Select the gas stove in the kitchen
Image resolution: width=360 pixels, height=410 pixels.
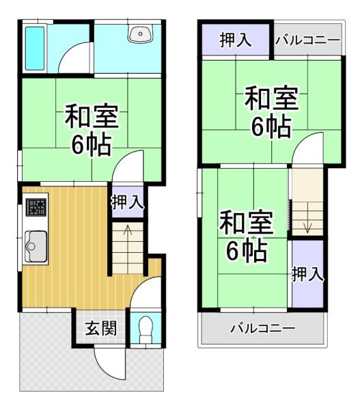click(x=36, y=206)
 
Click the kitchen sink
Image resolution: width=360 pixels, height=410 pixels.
click(x=36, y=243)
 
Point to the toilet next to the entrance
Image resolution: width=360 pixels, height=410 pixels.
click(x=144, y=331)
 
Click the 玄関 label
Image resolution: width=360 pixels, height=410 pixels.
click(x=100, y=329)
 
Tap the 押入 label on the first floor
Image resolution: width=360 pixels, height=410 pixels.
click(x=127, y=202)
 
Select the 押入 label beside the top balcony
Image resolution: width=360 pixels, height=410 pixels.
click(x=236, y=40)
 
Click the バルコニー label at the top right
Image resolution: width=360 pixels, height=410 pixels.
click(x=307, y=40)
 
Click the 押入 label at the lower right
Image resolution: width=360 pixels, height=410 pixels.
click(x=307, y=275)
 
